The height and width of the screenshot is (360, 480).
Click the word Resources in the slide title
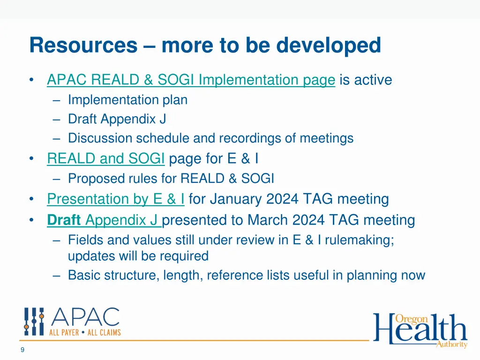[83, 45]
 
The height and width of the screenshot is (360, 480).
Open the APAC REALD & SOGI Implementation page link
[191, 80]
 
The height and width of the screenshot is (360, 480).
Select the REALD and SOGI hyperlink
[105, 159]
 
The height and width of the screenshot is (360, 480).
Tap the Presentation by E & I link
[115, 199]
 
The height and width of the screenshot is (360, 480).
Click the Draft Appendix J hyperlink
[104, 220]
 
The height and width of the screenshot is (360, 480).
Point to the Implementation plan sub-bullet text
[127, 100]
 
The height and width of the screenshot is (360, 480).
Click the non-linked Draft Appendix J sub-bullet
[117, 119]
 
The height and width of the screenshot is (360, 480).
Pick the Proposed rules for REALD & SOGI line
[171, 179]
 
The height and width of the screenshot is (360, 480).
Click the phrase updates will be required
[138, 256]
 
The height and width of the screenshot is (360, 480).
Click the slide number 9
[22, 349]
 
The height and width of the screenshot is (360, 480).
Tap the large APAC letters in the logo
[85, 318]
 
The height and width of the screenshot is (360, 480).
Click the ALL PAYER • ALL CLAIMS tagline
[85, 332]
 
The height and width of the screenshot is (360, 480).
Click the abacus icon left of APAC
[34, 322]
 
